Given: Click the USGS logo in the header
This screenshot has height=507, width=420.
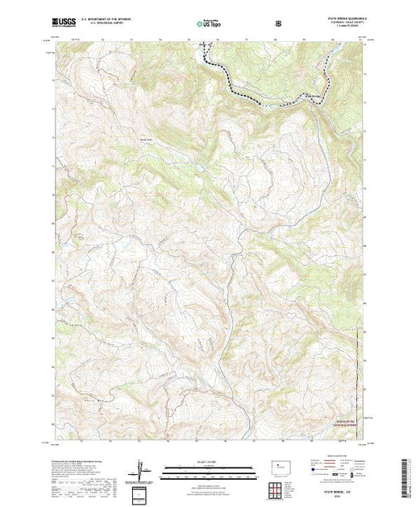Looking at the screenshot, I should pos(64,23).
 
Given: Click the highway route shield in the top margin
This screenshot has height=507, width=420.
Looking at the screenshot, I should pos(278,23).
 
